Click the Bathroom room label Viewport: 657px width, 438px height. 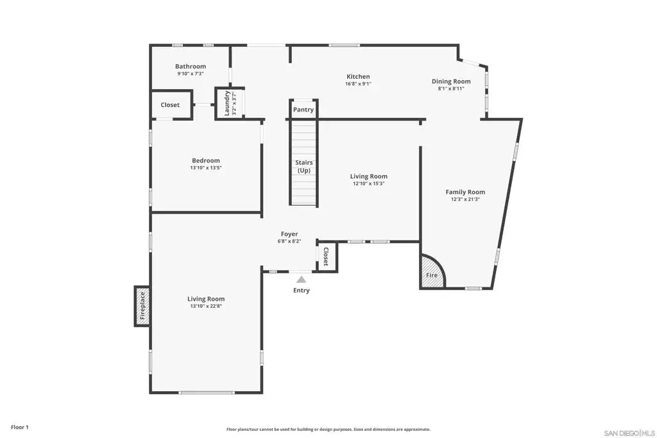pos(190,66)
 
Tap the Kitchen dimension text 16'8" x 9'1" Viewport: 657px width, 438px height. pos(358,84)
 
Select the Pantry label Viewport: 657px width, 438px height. pos(303,110)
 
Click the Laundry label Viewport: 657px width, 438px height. pos(227,103)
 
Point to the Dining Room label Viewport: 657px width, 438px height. pos(451,81)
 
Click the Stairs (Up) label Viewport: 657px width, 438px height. pos(303,166)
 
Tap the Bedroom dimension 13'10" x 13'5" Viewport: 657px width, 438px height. pos(206,168)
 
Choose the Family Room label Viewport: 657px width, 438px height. pos(465,192)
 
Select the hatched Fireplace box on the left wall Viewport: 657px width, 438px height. pos(142,306)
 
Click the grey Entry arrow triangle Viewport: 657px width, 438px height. pos(302,280)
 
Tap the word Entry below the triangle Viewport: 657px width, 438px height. pos(302,291)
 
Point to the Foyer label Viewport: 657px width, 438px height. pos(289,234)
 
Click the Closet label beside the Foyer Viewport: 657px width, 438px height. pos(325,257)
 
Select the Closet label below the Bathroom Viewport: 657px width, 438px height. pos(170,105)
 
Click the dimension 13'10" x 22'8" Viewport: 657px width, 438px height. pos(206,306)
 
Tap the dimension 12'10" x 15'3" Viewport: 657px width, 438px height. pos(369,183)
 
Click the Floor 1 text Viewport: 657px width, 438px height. pos(20,427)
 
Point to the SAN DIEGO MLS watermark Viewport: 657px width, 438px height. pos(629,433)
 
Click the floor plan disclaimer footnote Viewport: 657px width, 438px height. pos(328,429)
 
